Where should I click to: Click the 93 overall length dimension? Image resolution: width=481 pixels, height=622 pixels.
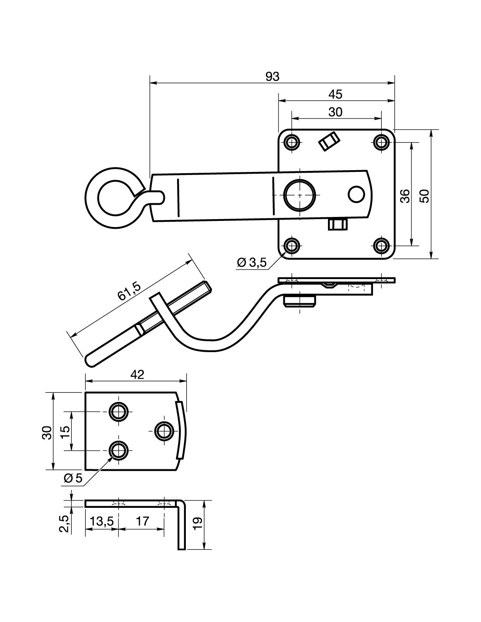pyautogui.click(x=272, y=77)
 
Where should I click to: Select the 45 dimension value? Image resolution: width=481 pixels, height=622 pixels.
pyautogui.click(x=335, y=94)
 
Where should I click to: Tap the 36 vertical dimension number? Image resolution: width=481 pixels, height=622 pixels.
pyautogui.click(x=405, y=196)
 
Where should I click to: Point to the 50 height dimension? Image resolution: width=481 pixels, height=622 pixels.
pyautogui.click(x=425, y=196)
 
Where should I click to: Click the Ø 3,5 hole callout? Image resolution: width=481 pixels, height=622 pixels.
pyautogui.click(x=252, y=262)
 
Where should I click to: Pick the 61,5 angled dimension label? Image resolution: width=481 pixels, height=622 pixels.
pyautogui.click(x=129, y=291)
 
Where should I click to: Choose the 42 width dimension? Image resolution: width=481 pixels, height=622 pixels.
pyautogui.click(x=137, y=375)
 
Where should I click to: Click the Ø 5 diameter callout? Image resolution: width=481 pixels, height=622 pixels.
pyautogui.click(x=73, y=478)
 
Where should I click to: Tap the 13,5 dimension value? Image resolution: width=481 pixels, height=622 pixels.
pyautogui.click(x=102, y=521)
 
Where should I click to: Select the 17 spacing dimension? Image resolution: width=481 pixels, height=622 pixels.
pyautogui.click(x=142, y=521)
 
